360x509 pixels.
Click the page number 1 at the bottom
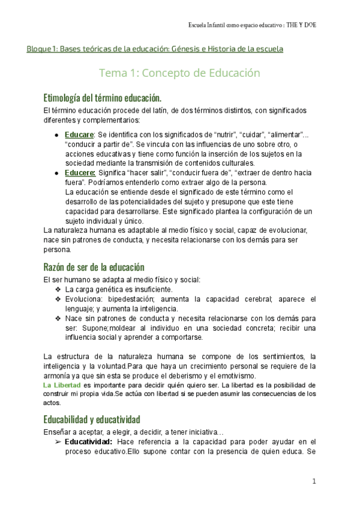tap(314, 481)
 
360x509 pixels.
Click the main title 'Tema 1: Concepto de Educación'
tap(179, 73)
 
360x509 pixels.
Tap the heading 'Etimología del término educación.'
tap(103, 97)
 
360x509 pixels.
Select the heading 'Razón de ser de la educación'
tap(94, 267)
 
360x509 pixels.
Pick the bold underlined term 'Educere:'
tap(80, 173)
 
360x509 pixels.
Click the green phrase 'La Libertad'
tap(62, 384)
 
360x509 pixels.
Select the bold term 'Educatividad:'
tap(88, 442)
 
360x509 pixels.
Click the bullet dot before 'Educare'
tap(56, 135)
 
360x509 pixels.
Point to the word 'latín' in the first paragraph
tap(151, 111)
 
